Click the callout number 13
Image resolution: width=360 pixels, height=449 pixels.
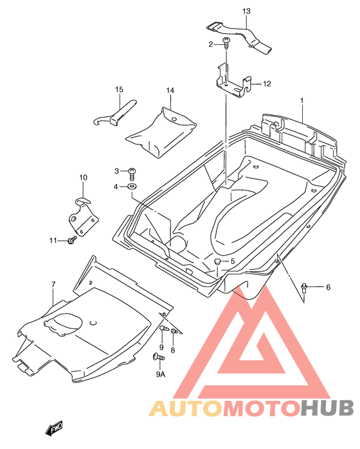[x=246, y=11]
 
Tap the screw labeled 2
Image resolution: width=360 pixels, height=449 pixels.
[x=226, y=43]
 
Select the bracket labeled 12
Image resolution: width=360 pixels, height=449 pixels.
[x=233, y=82]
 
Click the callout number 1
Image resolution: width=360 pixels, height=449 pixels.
[x=301, y=100]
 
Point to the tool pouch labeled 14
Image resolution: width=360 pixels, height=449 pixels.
[x=161, y=133]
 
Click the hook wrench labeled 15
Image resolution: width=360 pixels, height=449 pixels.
[x=115, y=113]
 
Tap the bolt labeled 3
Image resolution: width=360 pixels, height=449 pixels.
[x=132, y=174]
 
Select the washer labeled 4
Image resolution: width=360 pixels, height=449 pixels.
[x=132, y=187]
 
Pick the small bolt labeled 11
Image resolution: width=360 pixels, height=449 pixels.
[x=72, y=240]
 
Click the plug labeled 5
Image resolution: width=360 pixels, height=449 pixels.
[x=217, y=261]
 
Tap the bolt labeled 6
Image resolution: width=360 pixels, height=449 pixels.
[x=304, y=287]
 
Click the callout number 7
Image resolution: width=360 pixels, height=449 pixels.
[x=53, y=285]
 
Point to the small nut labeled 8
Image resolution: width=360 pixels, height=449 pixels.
[x=174, y=331]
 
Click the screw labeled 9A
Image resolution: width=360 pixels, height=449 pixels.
[x=159, y=357]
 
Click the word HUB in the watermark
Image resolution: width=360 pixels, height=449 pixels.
[x=327, y=408]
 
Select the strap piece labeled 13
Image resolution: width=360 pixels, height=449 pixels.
[x=239, y=37]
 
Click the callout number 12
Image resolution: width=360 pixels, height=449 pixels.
[x=267, y=84]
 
